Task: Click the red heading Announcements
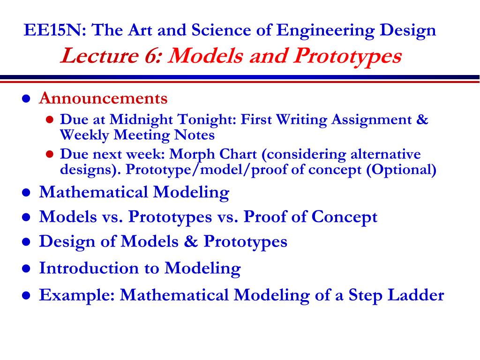click(103, 98)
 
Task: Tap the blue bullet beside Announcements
click(26, 99)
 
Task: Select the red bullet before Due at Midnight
click(50, 120)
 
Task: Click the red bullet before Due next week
click(50, 154)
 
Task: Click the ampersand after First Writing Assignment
click(422, 119)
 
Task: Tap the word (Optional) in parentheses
click(401, 170)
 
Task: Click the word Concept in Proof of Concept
click(345, 217)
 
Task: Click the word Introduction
click(89, 268)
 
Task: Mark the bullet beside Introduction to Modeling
click(26, 269)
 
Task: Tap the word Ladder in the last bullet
click(416, 295)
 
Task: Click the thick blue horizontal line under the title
click(240, 77)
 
